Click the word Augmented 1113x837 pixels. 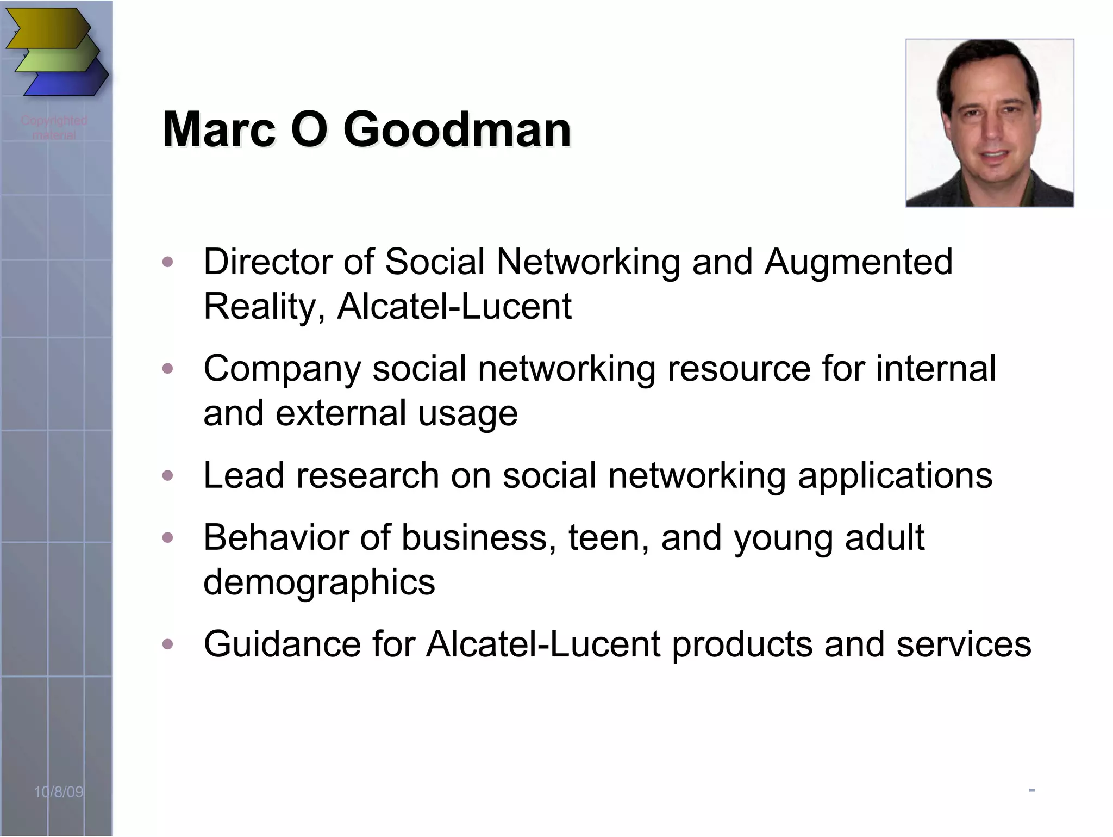pos(859,263)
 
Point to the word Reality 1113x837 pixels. pos(264,307)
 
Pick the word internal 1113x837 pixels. pos(936,368)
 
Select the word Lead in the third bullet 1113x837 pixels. pos(243,475)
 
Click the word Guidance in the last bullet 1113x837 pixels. pos(282,644)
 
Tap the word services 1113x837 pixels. pos(964,644)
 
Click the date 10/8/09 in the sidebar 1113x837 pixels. pos(59,792)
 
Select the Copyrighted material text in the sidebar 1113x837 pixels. pos(54,127)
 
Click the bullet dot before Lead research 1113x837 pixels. pos(168,476)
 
